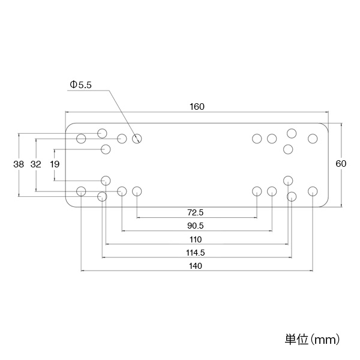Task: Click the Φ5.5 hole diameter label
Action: point(80,85)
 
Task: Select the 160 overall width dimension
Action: point(197,107)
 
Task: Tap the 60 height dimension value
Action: point(341,164)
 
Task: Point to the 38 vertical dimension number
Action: point(19,164)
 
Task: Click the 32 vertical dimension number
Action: point(36,164)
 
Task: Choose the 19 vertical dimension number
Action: point(55,164)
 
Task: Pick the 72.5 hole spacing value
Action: point(196,212)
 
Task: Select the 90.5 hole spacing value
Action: point(196,226)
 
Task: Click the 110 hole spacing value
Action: point(196,239)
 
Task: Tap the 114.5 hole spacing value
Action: point(196,253)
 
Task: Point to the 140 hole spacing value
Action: point(196,266)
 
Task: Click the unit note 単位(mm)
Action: point(312,340)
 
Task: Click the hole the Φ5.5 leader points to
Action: point(137,139)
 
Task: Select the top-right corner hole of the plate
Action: point(313,139)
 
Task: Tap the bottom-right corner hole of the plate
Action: point(313,191)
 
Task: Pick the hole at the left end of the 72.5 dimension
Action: point(137,191)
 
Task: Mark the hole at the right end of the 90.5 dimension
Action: point(272,191)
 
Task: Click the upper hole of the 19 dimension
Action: point(106,149)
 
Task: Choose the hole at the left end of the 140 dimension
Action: point(81,191)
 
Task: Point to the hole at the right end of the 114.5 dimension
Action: point(292,197)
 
